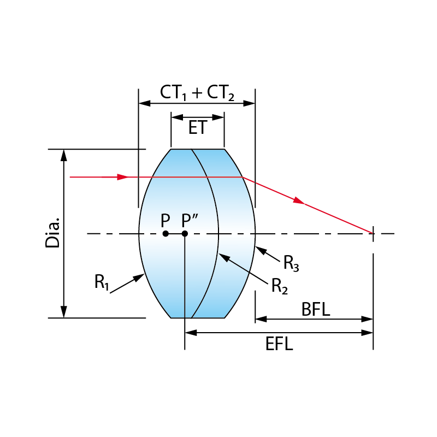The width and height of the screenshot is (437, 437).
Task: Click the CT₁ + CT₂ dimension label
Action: coord(197,92)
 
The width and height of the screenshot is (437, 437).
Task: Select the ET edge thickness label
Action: coord(197,128)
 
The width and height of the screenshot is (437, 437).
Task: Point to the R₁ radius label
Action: coord(102,282)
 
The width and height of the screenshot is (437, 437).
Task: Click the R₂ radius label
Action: coord(279,285)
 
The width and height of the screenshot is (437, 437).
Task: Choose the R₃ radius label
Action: coord(291,263)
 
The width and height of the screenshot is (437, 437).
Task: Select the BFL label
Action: coord(316,310)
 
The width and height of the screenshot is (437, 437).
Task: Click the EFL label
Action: coord(279,344)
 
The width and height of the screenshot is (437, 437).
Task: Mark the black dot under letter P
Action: coord(166,234)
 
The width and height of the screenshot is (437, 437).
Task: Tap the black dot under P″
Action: coord(185,234)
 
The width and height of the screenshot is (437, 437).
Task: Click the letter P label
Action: coord(166,221)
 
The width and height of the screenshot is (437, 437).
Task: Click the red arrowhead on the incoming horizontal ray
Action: coord(123,177)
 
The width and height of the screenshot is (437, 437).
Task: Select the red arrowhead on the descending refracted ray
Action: coord(298,201)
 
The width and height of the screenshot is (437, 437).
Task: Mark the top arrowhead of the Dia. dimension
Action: coord(64,155)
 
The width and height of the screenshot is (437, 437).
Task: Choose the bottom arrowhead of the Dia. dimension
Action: coord(64,312)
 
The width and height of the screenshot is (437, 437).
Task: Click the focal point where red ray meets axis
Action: coord(373,234)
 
